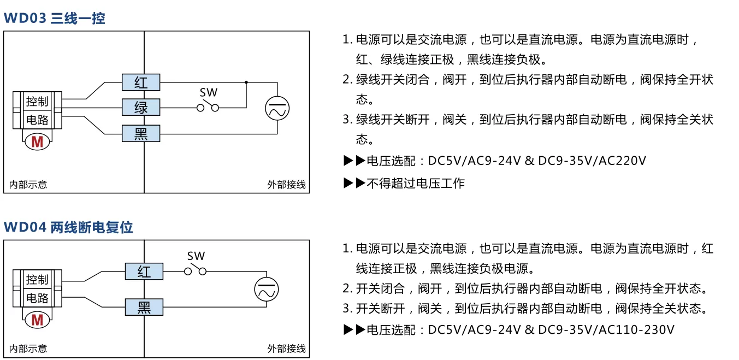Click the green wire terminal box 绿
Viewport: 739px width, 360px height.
coord(141,107)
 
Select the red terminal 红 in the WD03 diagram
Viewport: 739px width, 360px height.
coord(141,82)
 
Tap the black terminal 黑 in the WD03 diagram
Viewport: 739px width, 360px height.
coord(141,134)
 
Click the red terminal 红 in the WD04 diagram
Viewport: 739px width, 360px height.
coord(144,272)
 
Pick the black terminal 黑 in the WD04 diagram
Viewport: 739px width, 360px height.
coord(144,307)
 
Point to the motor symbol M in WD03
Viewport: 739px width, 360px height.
coord(37,142)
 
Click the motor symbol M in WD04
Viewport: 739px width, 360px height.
coord(37,320)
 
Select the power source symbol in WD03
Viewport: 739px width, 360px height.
coord(277,108)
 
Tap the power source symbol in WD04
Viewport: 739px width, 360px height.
coord(267,289)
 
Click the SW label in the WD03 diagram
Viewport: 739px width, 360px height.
coord(209,92)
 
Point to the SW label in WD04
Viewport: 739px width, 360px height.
coord(196,256)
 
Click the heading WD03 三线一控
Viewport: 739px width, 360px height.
coord(55,18)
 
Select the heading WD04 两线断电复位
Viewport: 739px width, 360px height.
coord(68,227)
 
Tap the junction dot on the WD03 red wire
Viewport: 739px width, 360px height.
coord(246,82)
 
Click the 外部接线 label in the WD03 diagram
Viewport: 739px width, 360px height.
coord(286,185)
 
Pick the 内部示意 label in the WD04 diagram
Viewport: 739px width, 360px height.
coord(28,349)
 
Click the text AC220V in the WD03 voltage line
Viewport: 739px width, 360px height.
coord(622,161)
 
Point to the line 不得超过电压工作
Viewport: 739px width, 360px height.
coord(416,183)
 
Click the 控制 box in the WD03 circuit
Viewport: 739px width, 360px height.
coord(37,101)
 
